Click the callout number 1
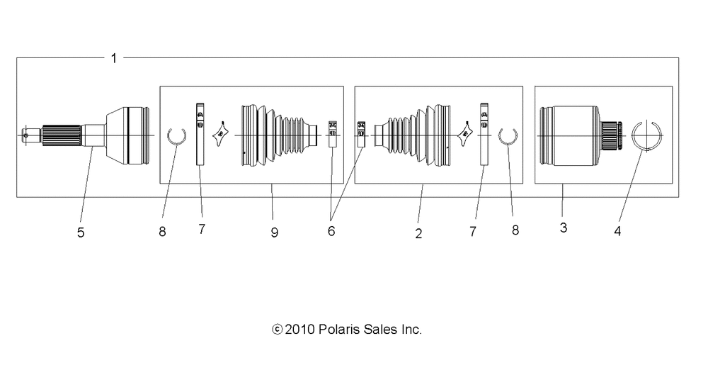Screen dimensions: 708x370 pos(114,58)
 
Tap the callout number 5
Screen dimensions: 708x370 pos(81,232)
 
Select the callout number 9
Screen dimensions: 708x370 pos(274,232)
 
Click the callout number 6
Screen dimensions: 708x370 pos(331,231)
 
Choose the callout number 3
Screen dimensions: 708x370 pos(563,228)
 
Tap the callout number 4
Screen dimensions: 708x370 pos(617,231)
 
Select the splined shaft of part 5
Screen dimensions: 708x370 pos(62,135)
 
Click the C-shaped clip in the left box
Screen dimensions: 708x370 pos(176,135)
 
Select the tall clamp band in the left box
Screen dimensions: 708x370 pos(200,135)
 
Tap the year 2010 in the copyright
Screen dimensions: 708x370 pos(297,330)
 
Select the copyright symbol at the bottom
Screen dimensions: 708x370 pos(277,330)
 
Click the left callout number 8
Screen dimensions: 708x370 pos(162,231)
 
